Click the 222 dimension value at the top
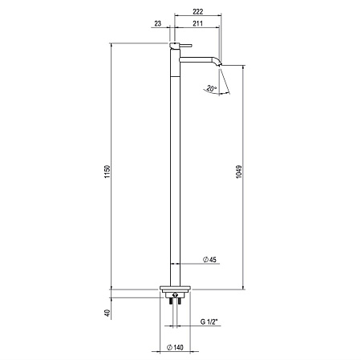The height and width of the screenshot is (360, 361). [x=197, y=11]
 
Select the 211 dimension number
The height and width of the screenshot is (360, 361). [x=197, y=23]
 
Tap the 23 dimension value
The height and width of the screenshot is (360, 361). [x=158, y=23]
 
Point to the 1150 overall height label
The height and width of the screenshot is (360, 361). [x=107, y=172]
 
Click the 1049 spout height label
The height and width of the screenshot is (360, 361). [x=239, y=172]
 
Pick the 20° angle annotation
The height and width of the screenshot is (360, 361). [x=211, y=88]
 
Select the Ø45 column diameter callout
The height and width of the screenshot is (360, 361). [x=209, y=260]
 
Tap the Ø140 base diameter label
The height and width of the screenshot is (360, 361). [x=175, y=347]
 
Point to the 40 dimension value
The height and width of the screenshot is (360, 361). [x=107, y=313]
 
